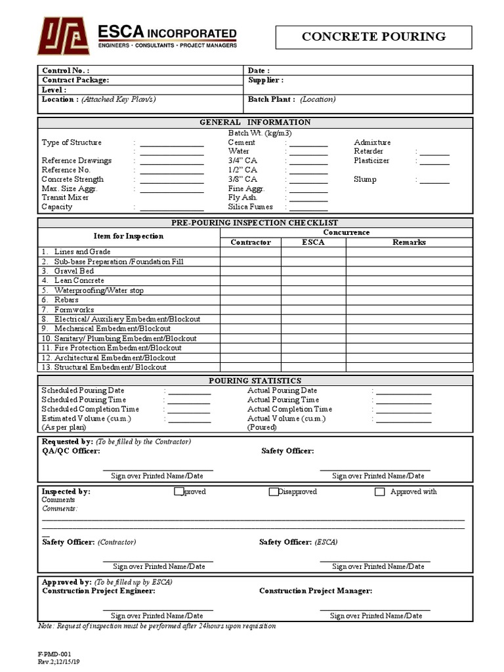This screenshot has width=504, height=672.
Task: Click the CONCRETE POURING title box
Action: pos(373,37)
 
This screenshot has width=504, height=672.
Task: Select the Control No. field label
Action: pos(66,70)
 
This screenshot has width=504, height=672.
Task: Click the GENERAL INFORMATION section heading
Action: pos(255,122)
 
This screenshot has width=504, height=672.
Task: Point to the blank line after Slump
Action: pos(435,180)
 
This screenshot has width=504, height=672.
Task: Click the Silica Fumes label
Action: pos(250,207)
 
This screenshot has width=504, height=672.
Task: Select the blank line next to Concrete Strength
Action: pos(171,180)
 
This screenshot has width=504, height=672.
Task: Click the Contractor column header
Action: pos(251,242)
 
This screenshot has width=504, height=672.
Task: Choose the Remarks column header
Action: pos(409,242)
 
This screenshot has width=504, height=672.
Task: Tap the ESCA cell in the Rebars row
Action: pos(313,300)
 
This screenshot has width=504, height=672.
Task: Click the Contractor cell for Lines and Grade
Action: pos(251,252)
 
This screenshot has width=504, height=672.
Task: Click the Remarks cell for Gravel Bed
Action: pos(409,271)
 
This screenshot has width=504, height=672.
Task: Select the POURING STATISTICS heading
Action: pos(255,381)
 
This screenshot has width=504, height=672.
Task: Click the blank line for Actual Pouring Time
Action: pos(403,400)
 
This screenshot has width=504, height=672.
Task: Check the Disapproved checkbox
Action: pos(274,492)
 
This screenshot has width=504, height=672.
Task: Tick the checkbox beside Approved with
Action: pos(379,492)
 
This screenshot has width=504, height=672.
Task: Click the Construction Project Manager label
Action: pos(316,591)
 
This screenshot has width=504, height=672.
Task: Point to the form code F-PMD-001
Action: pos(55,654)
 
